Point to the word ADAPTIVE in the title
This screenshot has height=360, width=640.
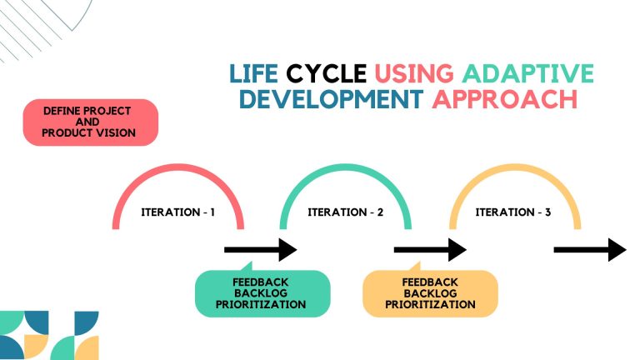coord(526,73)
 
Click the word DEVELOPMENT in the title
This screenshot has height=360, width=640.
coord(329,99)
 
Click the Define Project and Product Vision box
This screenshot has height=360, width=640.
coord(89,122)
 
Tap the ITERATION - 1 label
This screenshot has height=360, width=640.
coord(177,212)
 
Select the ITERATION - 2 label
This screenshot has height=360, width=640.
coord(346,212)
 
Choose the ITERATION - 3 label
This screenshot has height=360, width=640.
coord(513,212)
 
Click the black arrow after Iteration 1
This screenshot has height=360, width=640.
coord(261,249)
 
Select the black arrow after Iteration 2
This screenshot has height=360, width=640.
coord(430,249)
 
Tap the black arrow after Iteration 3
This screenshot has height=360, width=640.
coord(590,249)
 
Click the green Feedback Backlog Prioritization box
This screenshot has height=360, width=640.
coord(262,293)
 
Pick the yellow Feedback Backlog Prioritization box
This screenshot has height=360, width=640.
coord(430,293)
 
